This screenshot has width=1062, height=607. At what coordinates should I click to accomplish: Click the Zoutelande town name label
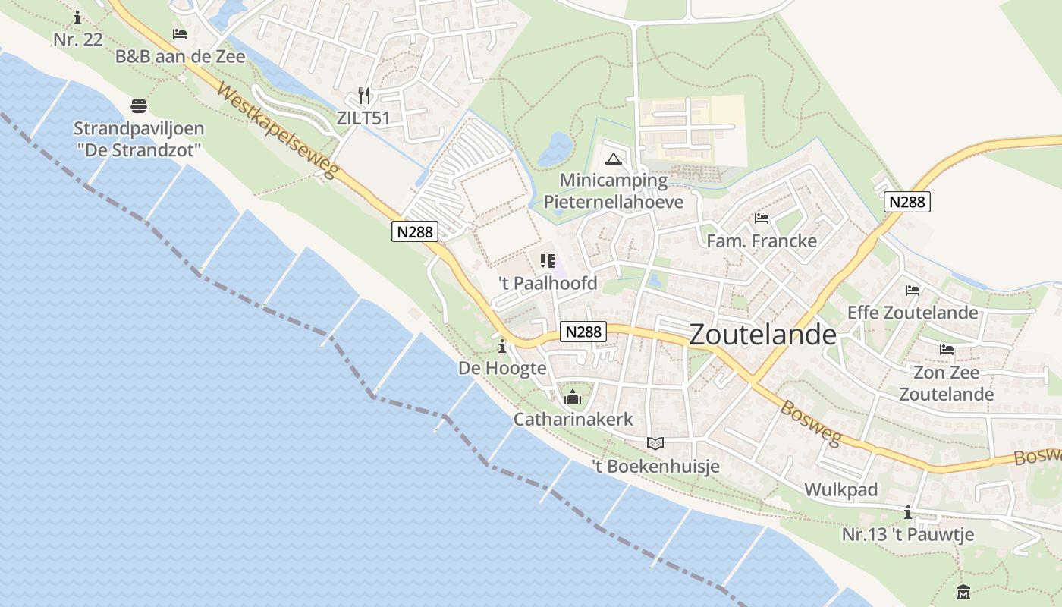click(763, 335)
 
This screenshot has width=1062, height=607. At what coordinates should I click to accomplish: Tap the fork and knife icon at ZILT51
click(364, 96)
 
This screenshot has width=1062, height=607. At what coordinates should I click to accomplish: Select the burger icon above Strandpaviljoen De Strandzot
click(139, 105)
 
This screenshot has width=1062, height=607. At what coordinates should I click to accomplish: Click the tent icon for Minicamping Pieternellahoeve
click(614, 159)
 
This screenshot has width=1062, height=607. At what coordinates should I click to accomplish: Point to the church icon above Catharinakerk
click(573, 397)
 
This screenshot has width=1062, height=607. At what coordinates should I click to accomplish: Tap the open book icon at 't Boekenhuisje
click(655, 443)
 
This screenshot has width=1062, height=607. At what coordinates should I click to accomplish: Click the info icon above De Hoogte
click(502, 347)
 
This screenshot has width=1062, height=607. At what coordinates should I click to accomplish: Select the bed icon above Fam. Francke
click(762, 219)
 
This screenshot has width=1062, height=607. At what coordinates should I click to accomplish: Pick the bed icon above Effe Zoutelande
click(913, 290)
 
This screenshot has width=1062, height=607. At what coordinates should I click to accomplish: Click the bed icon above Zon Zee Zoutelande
click(947, 350)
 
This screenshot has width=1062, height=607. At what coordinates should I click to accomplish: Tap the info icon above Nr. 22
click(77, 17)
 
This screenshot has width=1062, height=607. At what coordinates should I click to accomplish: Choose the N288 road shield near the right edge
click(907, 202)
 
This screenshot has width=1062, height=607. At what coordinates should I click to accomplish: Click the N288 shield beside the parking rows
click(416, 232)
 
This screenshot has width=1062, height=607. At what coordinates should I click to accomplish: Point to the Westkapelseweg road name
click(275, 131)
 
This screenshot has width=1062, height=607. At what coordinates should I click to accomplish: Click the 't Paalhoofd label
click(548, 284)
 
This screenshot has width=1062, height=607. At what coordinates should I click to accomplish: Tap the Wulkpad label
click(840, 490)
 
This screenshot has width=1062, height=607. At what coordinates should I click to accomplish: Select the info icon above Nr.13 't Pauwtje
click(908, 512)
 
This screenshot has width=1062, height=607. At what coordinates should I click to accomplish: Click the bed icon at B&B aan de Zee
click(180, 34)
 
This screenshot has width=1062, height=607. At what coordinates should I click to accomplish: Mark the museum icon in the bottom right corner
click(963, 592)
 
